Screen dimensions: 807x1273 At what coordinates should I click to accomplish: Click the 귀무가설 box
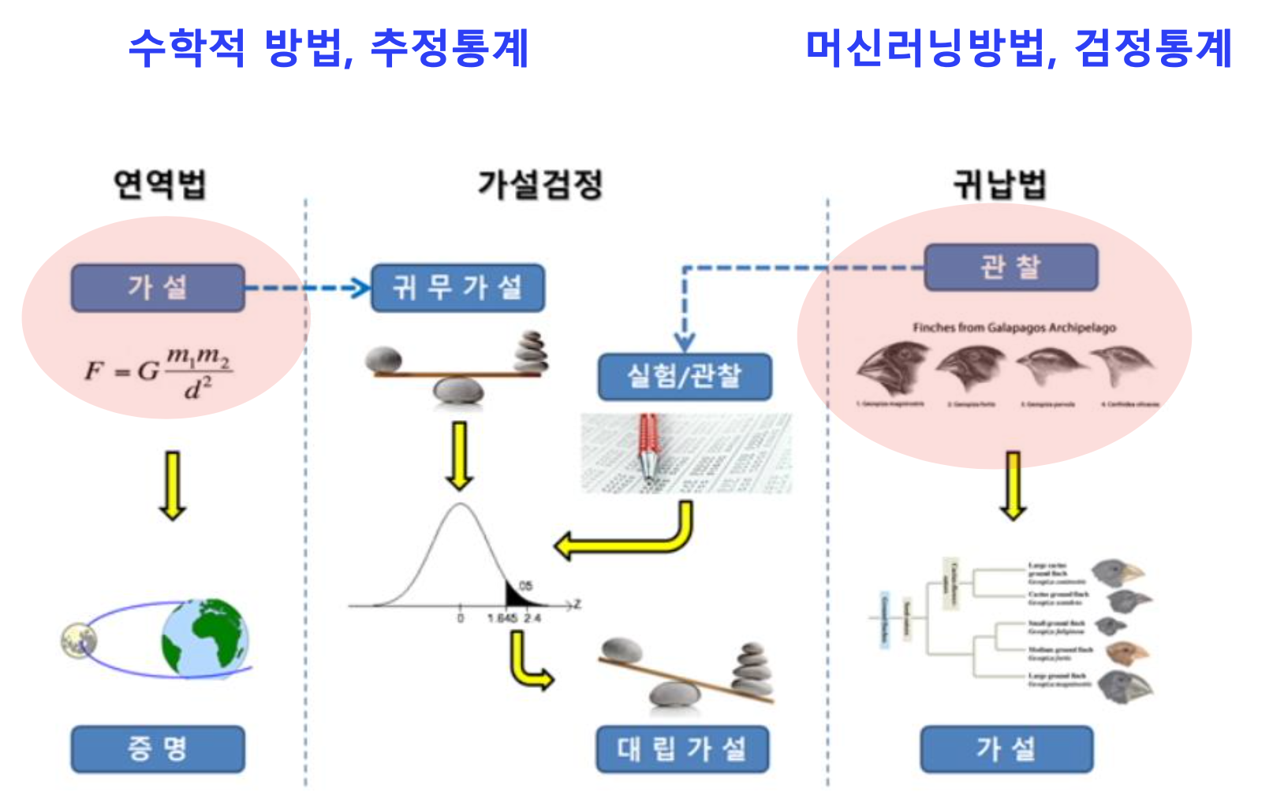tap(457, 288)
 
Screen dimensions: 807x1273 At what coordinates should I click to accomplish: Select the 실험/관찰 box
tap(684, 376)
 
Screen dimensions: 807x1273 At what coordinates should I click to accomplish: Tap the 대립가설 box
tap(682, 749)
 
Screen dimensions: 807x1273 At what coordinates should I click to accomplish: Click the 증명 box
tap(158, 749)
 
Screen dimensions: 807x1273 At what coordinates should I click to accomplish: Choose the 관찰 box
tap(1010, 267)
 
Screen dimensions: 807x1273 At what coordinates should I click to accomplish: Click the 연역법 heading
tap(160, 184)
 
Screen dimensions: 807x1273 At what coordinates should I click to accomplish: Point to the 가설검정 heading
tap(540, 184)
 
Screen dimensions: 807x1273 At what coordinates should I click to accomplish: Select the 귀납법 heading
tap(999, 184)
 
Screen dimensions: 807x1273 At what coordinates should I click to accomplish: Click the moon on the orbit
tap(79, 640)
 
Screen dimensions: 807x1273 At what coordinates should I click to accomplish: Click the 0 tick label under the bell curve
tap(461, 619)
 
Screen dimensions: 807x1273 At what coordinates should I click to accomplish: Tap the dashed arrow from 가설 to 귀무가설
tap(308, 288)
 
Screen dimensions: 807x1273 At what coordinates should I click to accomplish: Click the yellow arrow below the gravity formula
tap(173, 485)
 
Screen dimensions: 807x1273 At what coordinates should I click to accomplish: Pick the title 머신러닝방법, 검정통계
tap(1018, 49)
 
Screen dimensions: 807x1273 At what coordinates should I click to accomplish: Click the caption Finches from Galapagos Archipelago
tap(1014, 327)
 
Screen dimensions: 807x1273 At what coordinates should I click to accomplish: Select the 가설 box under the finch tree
tap(1006, 749)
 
